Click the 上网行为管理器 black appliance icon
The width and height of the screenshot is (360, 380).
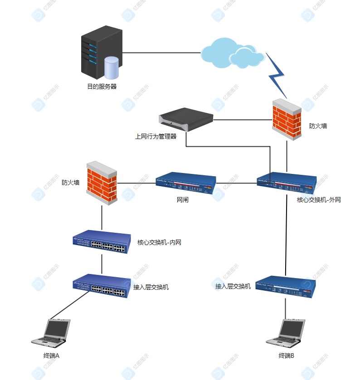coord(186,120)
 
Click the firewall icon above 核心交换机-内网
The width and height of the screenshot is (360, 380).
coord(102,183)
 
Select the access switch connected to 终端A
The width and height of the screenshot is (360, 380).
coord(100,286)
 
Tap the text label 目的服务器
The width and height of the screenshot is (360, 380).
coord(102,86)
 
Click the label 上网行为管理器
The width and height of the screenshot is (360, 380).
coord(156,136)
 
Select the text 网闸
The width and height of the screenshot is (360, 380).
coord(183,200)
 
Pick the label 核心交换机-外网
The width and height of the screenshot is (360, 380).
coord(319,200)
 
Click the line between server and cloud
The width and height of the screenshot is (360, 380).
coord(161,53)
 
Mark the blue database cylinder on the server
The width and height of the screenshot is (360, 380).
coord(111,67)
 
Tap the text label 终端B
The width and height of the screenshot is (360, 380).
coord(287,356)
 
